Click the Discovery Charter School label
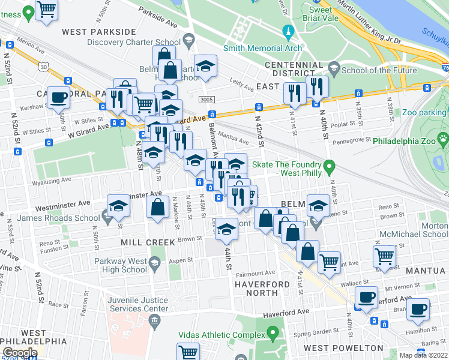(x=133, y=42)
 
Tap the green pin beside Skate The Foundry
(x=328, y=165)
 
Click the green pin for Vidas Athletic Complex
(x=274, y=332)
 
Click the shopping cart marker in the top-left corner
(x=47, y=9)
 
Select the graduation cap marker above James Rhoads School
(x=119, y=206)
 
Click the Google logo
(x=19, y=352)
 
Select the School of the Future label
(x=370, y=70)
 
